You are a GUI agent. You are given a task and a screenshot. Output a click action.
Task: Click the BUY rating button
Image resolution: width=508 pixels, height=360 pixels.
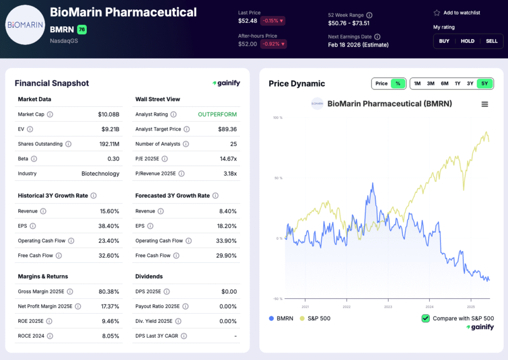point(444,41)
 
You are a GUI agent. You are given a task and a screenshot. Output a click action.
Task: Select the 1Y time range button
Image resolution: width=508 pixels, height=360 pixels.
point(457,83)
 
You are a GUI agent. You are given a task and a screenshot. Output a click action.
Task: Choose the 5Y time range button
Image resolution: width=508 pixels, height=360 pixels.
point(485,83)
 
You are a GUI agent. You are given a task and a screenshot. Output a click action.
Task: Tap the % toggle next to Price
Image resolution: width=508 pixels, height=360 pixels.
point(398,83)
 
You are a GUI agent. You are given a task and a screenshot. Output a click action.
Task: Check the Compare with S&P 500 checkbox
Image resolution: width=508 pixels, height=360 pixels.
point(426,318)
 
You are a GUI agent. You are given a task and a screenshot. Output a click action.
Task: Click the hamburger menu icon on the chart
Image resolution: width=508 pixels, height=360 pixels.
point(485,104)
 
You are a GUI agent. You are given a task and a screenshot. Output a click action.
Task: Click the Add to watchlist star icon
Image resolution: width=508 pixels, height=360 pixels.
point(437,13)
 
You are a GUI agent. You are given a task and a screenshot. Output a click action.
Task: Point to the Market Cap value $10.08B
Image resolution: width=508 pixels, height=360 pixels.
point(109,114)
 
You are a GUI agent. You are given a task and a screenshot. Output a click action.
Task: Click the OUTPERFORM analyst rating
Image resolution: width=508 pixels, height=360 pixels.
point(217,114)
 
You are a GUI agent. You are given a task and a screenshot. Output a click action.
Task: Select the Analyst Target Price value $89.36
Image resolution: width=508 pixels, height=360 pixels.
point(227,129)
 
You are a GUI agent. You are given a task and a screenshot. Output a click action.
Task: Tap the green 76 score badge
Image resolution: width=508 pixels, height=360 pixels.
point(82,30)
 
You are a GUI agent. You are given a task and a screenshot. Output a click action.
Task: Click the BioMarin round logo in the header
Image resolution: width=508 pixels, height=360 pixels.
point(25,25)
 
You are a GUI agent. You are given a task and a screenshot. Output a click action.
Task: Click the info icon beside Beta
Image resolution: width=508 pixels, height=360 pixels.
point(34,159)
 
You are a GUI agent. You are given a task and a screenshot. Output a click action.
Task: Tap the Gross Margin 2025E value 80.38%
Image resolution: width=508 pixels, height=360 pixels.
point(108,291)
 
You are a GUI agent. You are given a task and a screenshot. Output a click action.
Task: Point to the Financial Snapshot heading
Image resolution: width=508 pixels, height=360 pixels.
point(52,83)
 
